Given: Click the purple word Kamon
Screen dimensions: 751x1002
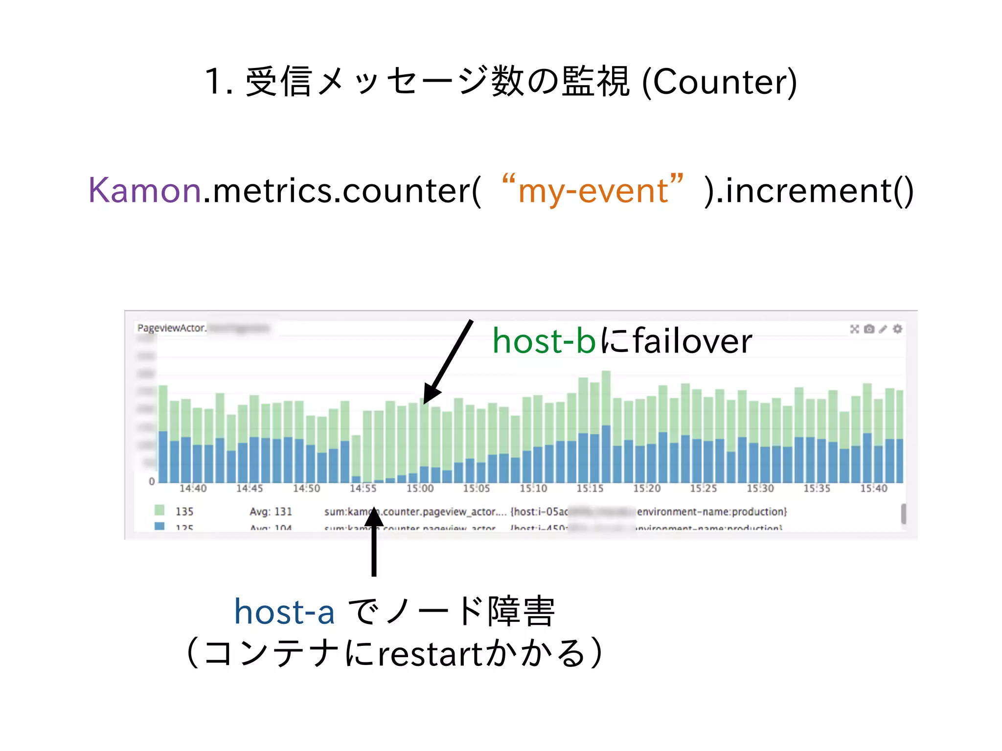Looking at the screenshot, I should tap(144, 190).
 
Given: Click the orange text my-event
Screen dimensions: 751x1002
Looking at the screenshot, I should tap(592, 190).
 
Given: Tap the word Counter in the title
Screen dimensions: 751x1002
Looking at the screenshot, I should tap(719, 82).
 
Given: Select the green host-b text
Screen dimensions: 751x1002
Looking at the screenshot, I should tap(544, 341).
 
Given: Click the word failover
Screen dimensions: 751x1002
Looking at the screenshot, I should tap(692, 341).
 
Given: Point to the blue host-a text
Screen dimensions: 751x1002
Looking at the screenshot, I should tap(284, 612).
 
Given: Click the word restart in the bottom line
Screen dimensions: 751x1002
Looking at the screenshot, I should tap(431, 654).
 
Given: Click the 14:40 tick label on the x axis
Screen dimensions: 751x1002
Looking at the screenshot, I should tap(193, 488).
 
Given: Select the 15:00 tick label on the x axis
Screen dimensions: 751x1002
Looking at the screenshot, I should tap(420, 488).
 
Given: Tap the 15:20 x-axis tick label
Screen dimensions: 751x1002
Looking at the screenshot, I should tap(647, 488).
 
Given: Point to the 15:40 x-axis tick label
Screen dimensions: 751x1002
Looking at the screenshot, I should tap(874, 488).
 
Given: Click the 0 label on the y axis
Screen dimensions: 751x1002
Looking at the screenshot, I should tap(152, 482).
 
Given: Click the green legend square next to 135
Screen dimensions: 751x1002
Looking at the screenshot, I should tap(159, 510).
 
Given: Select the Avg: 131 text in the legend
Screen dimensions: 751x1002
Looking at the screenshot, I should tap(271, 511).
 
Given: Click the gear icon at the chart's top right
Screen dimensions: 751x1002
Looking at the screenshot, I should tap(897, 329).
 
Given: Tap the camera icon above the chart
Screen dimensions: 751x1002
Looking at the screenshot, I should tap(869, 329).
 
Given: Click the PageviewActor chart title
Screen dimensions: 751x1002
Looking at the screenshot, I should tap(171, 328).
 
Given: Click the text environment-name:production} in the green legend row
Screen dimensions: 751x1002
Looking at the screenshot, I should tap(712, 511).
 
